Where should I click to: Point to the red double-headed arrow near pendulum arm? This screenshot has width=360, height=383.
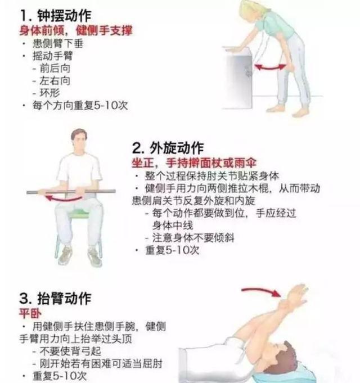point(271,67)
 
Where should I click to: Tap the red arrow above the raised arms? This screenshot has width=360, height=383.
point(262,291)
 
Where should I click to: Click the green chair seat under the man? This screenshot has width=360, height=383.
point(79,214)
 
